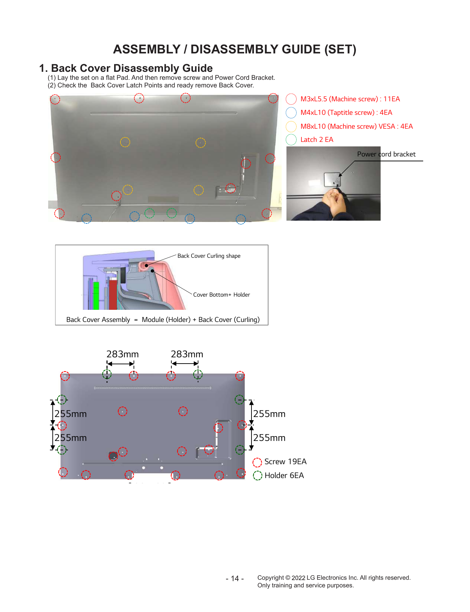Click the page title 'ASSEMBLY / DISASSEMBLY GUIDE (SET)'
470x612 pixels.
tap(234, 49)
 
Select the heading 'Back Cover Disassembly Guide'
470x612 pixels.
tap(132, 68)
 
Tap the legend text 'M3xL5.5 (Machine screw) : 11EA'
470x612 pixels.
tap(350, 99)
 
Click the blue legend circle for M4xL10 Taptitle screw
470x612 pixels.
tap(291, 112)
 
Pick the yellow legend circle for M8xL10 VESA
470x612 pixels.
tap(291, 126)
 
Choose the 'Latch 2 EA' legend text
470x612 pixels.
tap(317, 139)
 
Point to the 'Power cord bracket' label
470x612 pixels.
tap(386, 154)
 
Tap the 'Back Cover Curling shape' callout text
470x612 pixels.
tap(209, 256)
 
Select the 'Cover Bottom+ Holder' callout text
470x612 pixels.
tap(221, 295)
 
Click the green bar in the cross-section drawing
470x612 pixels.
tap(96, 296)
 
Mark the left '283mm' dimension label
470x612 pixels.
tap(122, 354)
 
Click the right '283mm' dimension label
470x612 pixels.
tap(187, 354)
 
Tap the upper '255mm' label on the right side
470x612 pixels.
tap(269, 414)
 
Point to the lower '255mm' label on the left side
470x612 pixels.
tap(70, 438)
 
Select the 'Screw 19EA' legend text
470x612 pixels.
tap(285, 461)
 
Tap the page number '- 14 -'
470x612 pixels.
tap(235, 578)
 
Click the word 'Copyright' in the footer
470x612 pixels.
tap(271, 578)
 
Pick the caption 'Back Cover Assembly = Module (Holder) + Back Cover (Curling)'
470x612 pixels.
tap(163, 320)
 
